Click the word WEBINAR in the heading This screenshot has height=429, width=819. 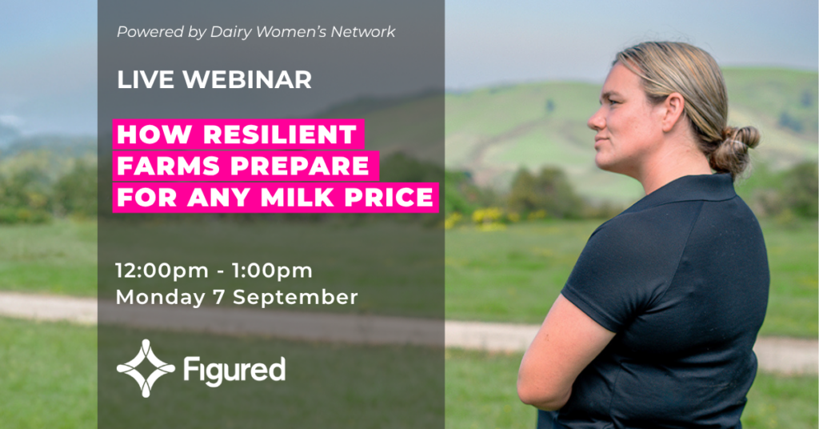(247, 80)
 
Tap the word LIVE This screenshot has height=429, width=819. (146, 80)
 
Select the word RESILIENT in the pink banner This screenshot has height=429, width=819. (280, 134)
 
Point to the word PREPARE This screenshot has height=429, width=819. (300, 166)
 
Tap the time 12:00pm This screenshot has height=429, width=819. (162, 271)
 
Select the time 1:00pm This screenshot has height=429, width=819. (272, 271)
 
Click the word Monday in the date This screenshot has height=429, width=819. (160, 297)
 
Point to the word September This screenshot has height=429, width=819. (295, 297)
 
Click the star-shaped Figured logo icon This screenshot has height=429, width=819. (146, 368)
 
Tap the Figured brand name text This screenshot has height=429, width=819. (234, 370)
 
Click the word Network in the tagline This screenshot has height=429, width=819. (363, 32)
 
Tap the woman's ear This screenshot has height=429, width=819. (672, 110)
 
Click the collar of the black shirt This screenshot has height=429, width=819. (685, 192)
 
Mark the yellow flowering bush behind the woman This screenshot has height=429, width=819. (489, 216)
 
